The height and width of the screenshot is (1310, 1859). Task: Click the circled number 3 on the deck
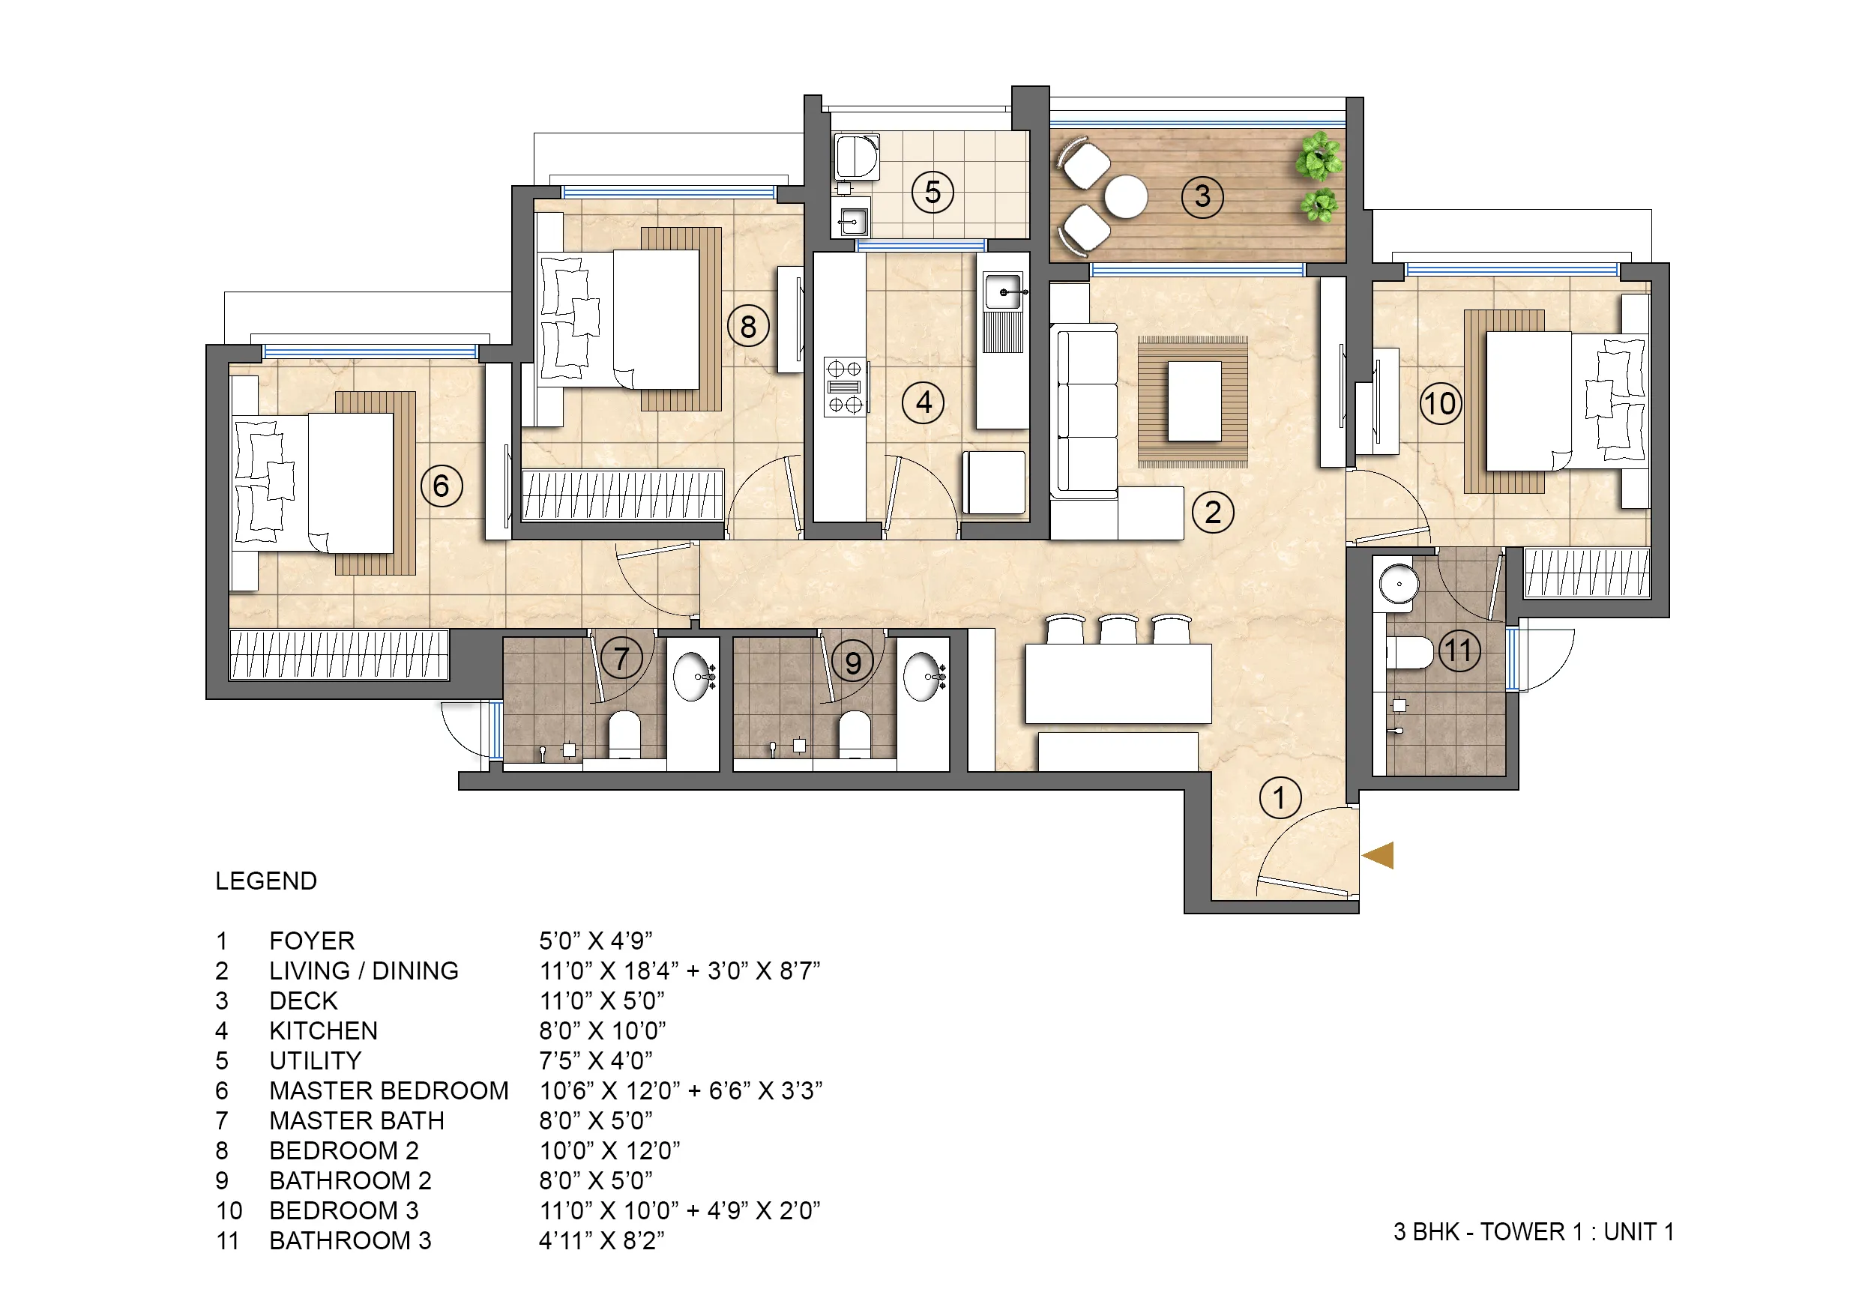click(x=1202, y=196)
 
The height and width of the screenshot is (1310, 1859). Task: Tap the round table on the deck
click(x=1125, y=197)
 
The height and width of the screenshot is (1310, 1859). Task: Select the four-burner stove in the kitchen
click(x=845, y=387)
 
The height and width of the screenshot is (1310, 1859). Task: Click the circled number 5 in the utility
click(x=932, y=193)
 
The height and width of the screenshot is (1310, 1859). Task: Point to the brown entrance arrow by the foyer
click(x=1378, y=856)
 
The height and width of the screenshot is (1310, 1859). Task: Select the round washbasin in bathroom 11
click(x=1398, y=583)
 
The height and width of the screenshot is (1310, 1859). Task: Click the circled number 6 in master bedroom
click(x=442, y=486)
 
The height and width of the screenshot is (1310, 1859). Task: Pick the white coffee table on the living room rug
click(x=1193, y=402)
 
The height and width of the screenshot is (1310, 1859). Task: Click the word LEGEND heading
click(x=265, y=881)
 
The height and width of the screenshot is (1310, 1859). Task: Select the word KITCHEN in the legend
click(x=323, y=1030)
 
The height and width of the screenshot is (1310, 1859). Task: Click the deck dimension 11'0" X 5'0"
click(x=602, y=1000)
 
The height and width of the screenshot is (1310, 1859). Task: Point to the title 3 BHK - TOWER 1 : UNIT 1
click(x=1533, y=1231)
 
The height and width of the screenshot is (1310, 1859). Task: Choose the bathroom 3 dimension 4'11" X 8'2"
click(x=602, y=1240)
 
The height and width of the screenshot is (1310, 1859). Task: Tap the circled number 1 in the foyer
click(x=1280, y=798)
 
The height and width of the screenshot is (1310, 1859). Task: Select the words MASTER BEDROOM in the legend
click(x=388, y=1090)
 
